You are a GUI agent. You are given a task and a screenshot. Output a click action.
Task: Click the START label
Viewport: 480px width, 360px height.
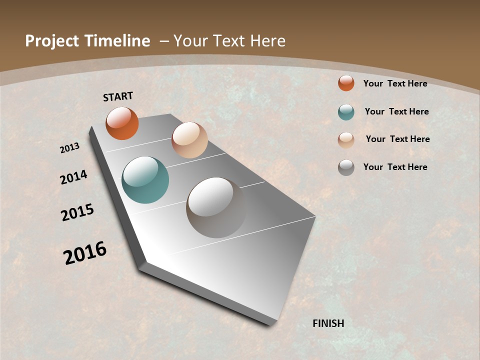118,96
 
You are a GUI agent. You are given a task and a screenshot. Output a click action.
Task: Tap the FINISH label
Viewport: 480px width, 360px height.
328,323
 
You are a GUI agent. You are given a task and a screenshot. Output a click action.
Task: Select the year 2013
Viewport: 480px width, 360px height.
70,147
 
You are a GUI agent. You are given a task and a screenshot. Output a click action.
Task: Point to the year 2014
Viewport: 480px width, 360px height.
74,177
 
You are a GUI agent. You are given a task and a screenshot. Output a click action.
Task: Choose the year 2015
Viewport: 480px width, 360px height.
77,212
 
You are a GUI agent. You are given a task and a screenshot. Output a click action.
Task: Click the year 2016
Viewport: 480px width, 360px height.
85,253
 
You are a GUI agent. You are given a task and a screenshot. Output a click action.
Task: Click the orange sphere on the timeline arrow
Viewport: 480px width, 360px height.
122,123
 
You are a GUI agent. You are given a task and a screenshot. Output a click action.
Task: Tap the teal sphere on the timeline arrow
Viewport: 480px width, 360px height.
145,180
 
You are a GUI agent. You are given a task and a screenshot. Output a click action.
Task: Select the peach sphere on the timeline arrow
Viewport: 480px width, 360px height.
189,140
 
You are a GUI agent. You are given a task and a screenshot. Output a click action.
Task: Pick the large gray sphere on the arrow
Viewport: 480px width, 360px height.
216,207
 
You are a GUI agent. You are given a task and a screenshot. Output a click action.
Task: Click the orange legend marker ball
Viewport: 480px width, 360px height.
346,83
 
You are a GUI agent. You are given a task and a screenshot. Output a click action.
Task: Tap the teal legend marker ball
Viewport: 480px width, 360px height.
346,112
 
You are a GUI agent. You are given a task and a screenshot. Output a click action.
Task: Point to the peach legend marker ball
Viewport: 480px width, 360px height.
346,139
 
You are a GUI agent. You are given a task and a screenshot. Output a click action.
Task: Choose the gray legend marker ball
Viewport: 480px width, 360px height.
346,167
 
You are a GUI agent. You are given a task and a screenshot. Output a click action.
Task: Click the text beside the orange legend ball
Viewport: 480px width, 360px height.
395,83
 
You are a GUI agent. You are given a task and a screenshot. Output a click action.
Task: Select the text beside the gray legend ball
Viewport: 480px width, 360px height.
395,167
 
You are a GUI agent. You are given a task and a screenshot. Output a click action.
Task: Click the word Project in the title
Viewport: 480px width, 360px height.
51,41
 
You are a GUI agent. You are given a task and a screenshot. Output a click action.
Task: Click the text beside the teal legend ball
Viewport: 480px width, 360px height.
396,111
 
